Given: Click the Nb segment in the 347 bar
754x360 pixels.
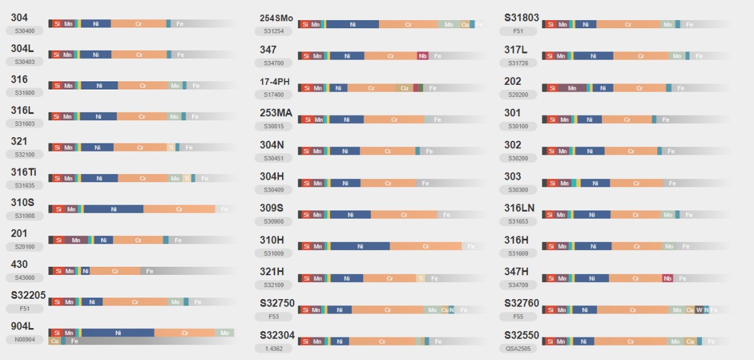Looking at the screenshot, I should [x=423, y=56].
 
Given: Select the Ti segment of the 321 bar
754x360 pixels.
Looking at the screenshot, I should [x=171, y=148].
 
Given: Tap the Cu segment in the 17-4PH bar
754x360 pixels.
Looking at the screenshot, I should [x=405, y=88].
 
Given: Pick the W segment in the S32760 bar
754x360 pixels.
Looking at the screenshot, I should [x=699, y=310].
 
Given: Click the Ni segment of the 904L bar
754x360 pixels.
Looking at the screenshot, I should [x=117, y=332].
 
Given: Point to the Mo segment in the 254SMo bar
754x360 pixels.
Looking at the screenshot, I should [x=449, y=25].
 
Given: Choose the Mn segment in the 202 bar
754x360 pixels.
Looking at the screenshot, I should [x=572, y=88].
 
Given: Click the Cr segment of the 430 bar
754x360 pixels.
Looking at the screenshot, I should [x=115, y=271].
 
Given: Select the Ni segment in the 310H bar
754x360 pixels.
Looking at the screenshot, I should [x=360, y=246].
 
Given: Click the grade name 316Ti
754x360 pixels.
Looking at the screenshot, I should [x=24, y=172].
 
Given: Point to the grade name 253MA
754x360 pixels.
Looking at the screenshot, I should [x=276, y=113].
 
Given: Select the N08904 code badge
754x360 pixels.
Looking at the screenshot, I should [x=24, y=339].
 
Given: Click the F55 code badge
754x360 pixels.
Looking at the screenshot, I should [x=518, y=317].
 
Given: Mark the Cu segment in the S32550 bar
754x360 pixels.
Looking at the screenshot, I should [x=691, y=342].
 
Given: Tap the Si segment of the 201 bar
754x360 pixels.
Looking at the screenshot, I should [x=58, y=240].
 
